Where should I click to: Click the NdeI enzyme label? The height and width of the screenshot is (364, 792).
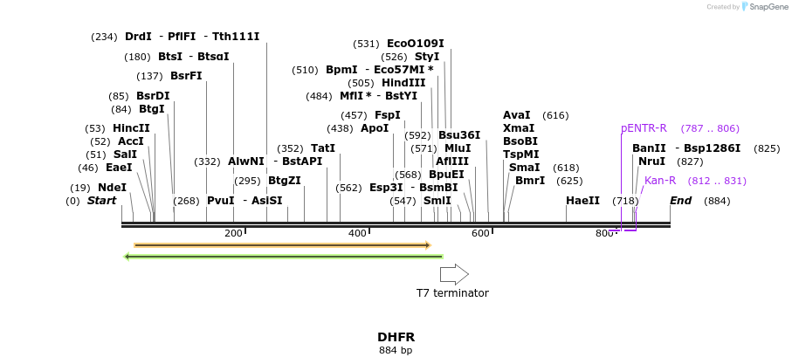pos(112,188)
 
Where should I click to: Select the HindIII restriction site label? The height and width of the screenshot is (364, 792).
pos(403,83)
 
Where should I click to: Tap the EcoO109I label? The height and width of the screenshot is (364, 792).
pos(415,44)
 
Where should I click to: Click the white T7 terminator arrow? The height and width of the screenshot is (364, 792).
pos(454,274)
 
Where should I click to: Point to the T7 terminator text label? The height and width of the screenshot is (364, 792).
pos(452,293)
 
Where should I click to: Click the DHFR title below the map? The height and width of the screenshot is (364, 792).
pos(396,337)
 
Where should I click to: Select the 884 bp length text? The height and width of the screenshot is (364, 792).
pos(396,351)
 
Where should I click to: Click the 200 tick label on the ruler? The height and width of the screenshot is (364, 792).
pos(233,233)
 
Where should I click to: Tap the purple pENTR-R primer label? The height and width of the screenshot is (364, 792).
pos(644,128)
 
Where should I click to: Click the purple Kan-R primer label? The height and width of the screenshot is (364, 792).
pos(660,181)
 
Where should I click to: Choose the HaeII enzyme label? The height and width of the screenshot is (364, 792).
pos(582,201)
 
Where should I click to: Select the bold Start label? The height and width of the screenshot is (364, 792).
pos(101,201)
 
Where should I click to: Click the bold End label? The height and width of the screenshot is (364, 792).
pos(681,201)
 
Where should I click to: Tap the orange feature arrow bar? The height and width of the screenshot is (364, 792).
pos(282,245)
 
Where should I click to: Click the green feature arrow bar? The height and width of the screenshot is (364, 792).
pos(284,257)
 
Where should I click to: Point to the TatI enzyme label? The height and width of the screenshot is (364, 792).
pos(323,148)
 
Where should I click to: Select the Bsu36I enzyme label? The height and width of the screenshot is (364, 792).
pos(459,135)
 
